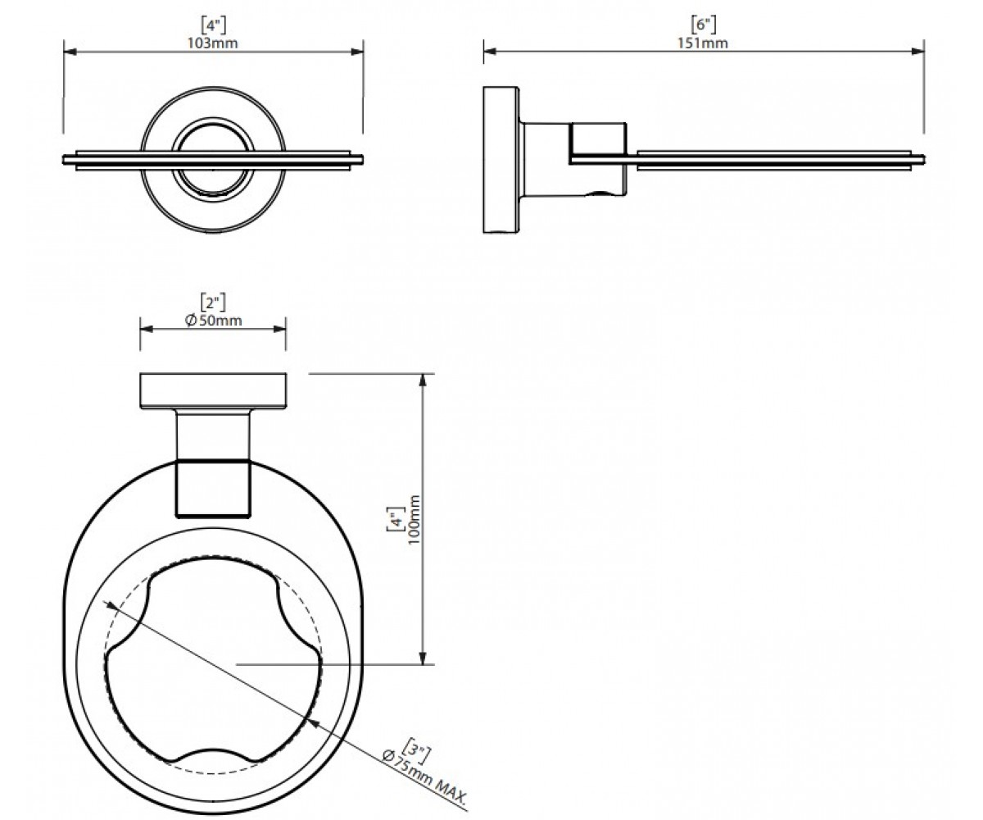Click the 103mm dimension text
(x=213, y=43)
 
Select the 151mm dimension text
(x=703, y=43)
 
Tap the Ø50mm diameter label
(x=213, y=321)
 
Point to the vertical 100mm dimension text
(x=414, y=519)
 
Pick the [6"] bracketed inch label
(x=704, y=25)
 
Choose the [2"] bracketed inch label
(x=213, y=302)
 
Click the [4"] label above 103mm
(x=213, y=25)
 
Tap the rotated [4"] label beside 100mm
(x=396, y=519)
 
